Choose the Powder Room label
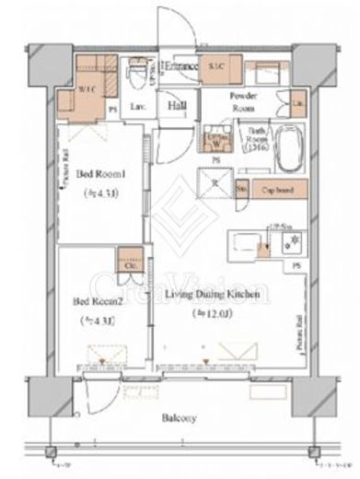click(244, 101)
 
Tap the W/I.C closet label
click(89, 88)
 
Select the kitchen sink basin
click(245, 242)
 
